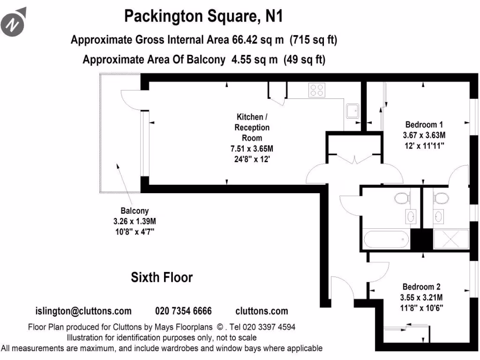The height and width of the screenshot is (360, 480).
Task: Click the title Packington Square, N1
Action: pos(203,17)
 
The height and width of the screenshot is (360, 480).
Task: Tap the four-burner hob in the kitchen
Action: pos(317,90)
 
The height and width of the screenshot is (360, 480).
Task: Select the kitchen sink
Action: pos(352,111)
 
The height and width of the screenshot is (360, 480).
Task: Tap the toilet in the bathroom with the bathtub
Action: pos(401,199)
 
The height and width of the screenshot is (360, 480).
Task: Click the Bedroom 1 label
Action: pos(424,125)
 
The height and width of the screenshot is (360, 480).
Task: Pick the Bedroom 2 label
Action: pos(421,287)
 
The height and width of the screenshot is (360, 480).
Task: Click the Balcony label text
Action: pos(135,211)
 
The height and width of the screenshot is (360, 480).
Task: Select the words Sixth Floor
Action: pos(162,277)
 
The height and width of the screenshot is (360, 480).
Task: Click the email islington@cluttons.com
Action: pos(83,311)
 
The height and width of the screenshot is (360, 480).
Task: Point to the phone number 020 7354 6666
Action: pos(183,311)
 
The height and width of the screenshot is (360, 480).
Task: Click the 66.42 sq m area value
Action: pos(258,40)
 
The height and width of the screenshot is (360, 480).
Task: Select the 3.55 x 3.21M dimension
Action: pos(421,297)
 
